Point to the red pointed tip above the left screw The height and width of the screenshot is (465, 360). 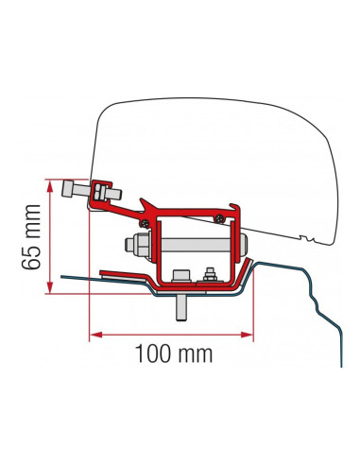pyautogui.click(x=144, y=201)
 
